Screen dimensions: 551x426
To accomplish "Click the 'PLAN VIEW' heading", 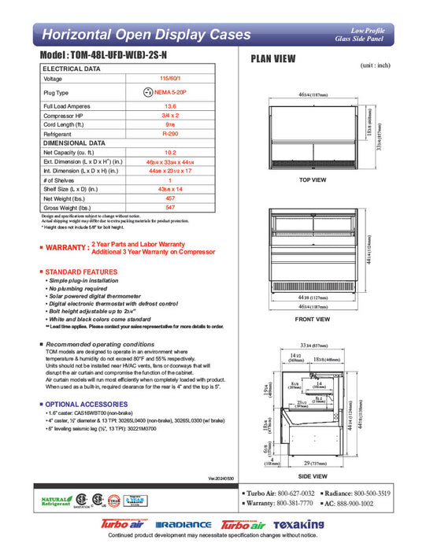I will (x=272, y=58).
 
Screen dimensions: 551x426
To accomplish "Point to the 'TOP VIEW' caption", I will (x=313, y=180).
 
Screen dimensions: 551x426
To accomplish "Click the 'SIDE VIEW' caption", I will (x=313, y=476).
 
